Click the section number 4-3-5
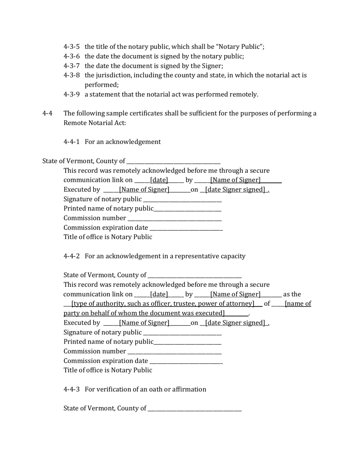71,47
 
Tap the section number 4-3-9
71,94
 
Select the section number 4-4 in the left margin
47,113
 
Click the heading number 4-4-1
71,142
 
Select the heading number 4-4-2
71,256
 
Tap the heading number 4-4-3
71,389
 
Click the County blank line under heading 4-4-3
195,409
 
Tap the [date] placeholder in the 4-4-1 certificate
159,180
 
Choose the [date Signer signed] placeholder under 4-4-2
235,323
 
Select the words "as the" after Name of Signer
292,294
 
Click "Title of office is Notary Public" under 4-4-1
108,237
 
